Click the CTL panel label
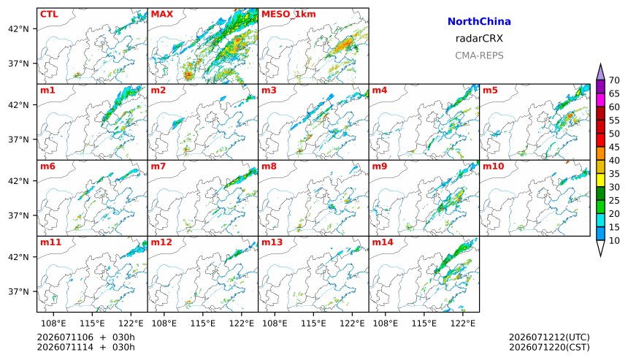coord(49,15)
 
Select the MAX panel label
coord(162,15)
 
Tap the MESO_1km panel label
coord(288,15)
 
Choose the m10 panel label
coord(493,166)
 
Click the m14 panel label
coord(383,242)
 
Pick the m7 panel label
coord(158,166)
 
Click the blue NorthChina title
coord(479,22)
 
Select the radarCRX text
coord(479,39)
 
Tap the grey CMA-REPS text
coord(479,55)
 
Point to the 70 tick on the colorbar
coord(614,80)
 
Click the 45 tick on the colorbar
coord(614,147)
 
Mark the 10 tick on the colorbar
coord(614,241)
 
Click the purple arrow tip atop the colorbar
coord(600,64)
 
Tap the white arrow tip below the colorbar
coord(600,256)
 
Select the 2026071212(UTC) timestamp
coord(549,337)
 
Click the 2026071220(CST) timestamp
coord(549,347)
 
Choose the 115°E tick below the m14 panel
coord(424,323)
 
